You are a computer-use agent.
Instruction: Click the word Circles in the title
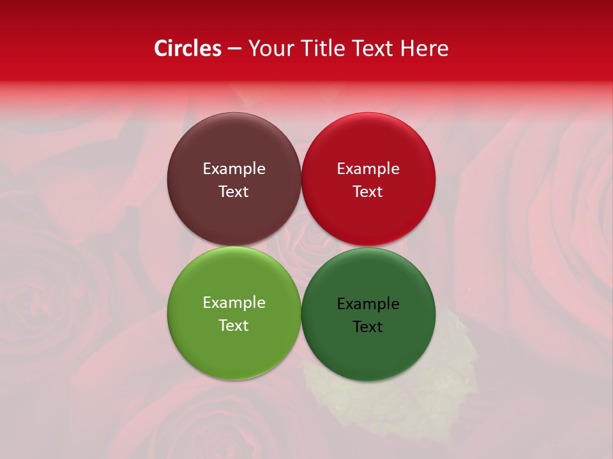coord(187,48)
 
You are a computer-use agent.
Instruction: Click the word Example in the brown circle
coord(234,169)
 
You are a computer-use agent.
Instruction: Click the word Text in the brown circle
coord(234,192)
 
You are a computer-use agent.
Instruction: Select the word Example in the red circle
coord(368,169)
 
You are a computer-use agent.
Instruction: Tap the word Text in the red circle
coord(368,192)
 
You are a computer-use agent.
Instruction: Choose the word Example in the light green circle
coord(234,303)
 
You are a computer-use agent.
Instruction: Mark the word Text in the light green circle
coord(234,326)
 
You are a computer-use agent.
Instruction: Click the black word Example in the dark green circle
coord(368,304)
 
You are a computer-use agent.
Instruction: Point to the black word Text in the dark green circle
coord(368,327)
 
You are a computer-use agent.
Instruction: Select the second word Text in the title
coord(372,48)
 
